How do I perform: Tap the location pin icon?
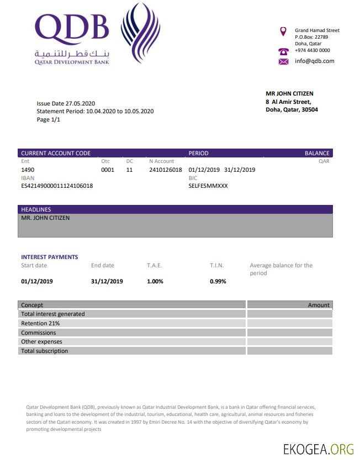coord(283,31)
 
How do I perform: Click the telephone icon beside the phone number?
coord(284,50)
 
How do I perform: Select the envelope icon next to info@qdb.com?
coord(284,61)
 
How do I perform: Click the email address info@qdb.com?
coord(315,61)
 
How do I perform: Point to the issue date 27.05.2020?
coord(81,103)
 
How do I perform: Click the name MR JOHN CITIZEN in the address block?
coord(289,94)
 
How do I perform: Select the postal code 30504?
coord(309,109)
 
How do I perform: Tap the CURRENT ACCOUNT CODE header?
coord(56,153)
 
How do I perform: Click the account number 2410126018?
coord(165,170)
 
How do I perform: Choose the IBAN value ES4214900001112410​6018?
coord(57,186)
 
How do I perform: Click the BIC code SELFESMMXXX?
coord(208,186)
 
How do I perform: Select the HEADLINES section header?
coord(36,209)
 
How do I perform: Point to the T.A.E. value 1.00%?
coord(155,281)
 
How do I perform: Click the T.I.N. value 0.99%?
coord(218,281)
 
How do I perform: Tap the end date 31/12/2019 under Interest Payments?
coord(107,281)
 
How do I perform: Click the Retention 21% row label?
coord(40,323)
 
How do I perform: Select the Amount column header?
coord(319,305)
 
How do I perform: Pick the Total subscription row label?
coord(45,351)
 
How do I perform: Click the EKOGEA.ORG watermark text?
coord(318,449)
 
